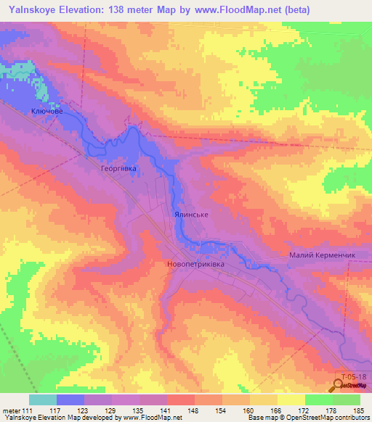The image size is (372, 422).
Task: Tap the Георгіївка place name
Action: tap(118, 167)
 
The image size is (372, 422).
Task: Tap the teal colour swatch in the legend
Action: tap(43, 400)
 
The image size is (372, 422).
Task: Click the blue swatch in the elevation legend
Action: tap(70, 400)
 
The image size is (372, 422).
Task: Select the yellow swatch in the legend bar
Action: tap(291, 400)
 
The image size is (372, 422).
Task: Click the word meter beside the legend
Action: tap(14, 410)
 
